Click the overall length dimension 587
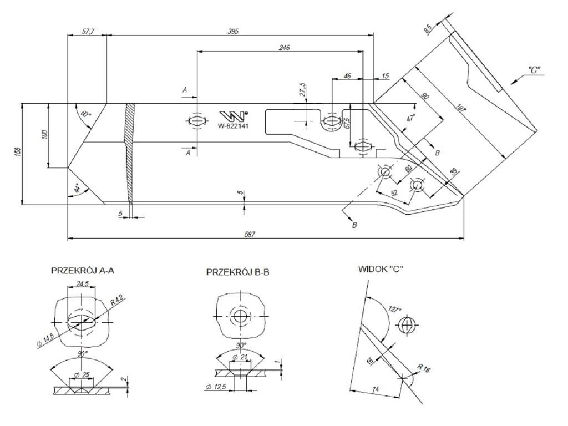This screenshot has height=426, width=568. [250, 235]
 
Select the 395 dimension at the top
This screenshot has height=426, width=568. [233, 32]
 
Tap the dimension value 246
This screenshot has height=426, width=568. [284, 48]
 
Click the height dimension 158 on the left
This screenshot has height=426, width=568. [17, 152]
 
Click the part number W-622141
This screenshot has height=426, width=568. [232, 126]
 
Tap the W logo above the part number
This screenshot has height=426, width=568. [233, 115]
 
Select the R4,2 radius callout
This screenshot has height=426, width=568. [116, 301]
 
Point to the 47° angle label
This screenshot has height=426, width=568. [410, 118]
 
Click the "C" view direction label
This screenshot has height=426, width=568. [535, 70]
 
